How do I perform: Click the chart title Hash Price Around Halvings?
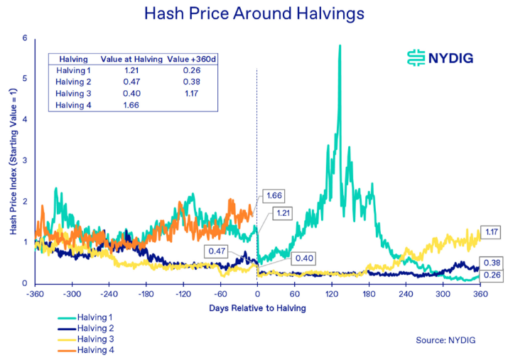pos(254,14)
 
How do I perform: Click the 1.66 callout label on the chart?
pos(273,195)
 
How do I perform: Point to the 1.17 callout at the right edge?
pos(491,232)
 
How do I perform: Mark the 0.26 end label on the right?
pos(491,275)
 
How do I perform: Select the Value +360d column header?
pos(188,60)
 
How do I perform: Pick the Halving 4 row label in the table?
pos(74,105)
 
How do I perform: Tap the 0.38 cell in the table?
pos(188,82)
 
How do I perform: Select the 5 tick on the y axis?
pos(26,79)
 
